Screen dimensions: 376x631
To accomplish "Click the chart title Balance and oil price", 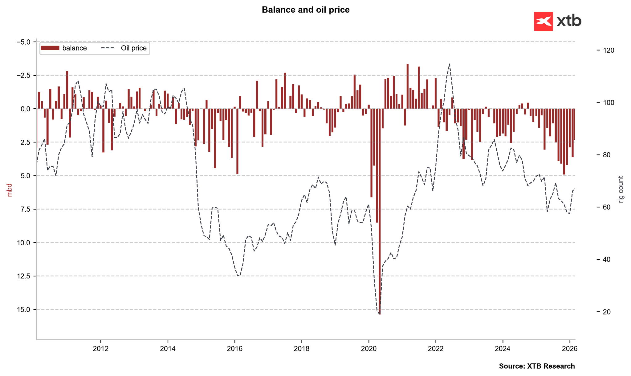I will point(305,10).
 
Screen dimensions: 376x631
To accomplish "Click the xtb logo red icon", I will point(543,21).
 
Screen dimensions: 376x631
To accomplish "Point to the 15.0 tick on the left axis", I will point(23,310).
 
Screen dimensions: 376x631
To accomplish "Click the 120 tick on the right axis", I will point(608,50).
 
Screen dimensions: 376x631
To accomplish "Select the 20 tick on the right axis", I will point(607,312).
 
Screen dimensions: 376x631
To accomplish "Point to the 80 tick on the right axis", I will point(607,155).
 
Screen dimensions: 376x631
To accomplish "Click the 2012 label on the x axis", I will point(100,349).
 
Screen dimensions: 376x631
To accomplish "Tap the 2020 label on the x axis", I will point(368,349).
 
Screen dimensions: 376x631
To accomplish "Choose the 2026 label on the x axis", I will point(569,349).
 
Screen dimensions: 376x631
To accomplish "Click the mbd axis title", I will point(10,190).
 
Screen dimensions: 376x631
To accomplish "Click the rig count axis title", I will point(621,190).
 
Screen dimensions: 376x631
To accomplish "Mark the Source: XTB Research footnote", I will point(537,366).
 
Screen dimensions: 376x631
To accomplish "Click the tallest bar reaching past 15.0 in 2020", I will point(380,215).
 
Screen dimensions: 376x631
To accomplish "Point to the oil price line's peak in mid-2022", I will point(450,64).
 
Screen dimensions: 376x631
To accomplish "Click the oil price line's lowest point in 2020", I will point(379,314).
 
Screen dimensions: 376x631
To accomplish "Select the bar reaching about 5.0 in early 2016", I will point(237,142).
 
